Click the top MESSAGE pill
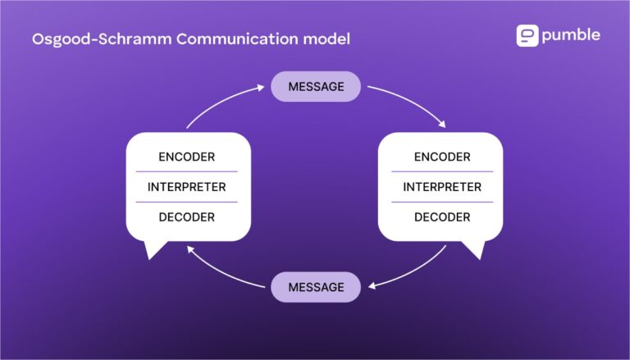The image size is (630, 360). click(316, 86)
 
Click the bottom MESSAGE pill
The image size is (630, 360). click(316, 287)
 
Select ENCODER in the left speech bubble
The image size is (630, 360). click(187, 157)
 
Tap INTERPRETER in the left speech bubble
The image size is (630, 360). click(187, 187)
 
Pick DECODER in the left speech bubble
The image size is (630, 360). click(187, 217)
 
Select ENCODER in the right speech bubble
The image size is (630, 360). click(442, 157)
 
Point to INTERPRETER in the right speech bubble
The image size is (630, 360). click(442, 187)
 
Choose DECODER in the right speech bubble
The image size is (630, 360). click(442, 217)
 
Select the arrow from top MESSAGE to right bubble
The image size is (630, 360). click(410, 102)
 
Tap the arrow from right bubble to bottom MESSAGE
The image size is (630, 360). click(414, 271)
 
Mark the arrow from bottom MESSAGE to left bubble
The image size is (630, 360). click(221, 271)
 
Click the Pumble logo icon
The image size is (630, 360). click(527, 35)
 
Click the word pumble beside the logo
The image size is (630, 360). click(571, 35)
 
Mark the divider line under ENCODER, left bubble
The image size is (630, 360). click(187, 171)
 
